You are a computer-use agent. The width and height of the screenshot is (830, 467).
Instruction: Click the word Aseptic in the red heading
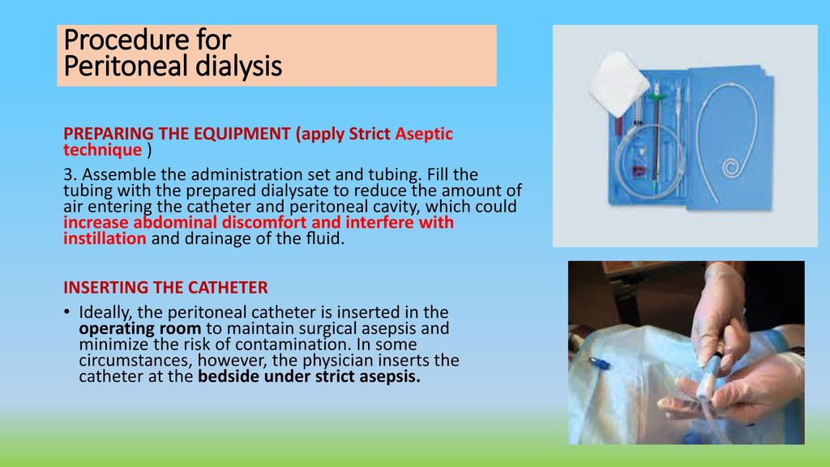click(x=424, y=134)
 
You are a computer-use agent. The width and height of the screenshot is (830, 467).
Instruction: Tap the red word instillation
click(x=105, y=238)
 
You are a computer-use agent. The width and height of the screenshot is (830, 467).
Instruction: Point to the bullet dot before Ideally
click(x=66, y=311)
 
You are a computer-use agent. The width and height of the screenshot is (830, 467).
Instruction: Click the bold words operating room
click(x=139, y=328)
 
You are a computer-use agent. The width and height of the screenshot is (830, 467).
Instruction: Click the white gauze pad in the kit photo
click(x=618, y=83)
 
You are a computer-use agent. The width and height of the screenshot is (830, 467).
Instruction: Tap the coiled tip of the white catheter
click(x=731, y=169)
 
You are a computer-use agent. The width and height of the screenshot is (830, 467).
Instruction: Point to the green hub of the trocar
click(x=657, y=97)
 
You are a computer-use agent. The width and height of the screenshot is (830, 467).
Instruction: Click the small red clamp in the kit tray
click(x=639, y=171)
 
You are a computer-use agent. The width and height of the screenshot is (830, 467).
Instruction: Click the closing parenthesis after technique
click(x=149, y=150)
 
